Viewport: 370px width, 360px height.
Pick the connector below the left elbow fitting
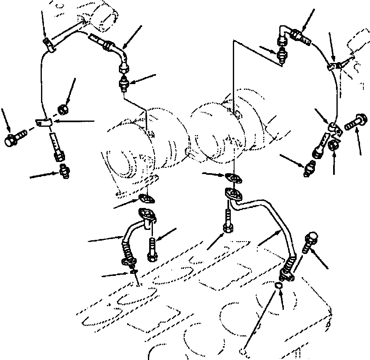tap(124, 85)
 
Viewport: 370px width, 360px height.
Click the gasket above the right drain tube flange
tap(235, 178)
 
